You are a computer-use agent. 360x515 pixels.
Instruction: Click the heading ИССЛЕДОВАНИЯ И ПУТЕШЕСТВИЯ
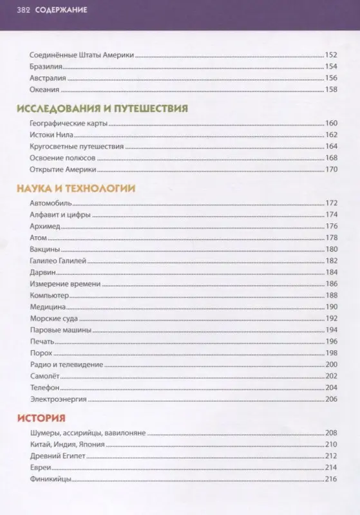click(102, 108)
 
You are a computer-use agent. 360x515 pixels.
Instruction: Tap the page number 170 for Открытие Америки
click(332, 169)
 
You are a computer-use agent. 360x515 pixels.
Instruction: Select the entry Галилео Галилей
click(58, 261)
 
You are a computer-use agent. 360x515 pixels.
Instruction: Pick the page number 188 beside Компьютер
click(332, 295)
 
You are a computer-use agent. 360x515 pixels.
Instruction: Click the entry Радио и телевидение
click(66, 364)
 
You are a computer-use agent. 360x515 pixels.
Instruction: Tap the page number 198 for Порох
click(332, 353)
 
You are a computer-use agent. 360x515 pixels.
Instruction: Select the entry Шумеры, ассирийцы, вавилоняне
click(89, 433)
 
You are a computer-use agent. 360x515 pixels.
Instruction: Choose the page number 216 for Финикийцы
click(332, 479)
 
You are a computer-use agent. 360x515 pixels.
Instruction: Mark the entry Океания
click(44, 89)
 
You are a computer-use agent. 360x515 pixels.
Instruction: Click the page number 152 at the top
click(332, 55)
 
